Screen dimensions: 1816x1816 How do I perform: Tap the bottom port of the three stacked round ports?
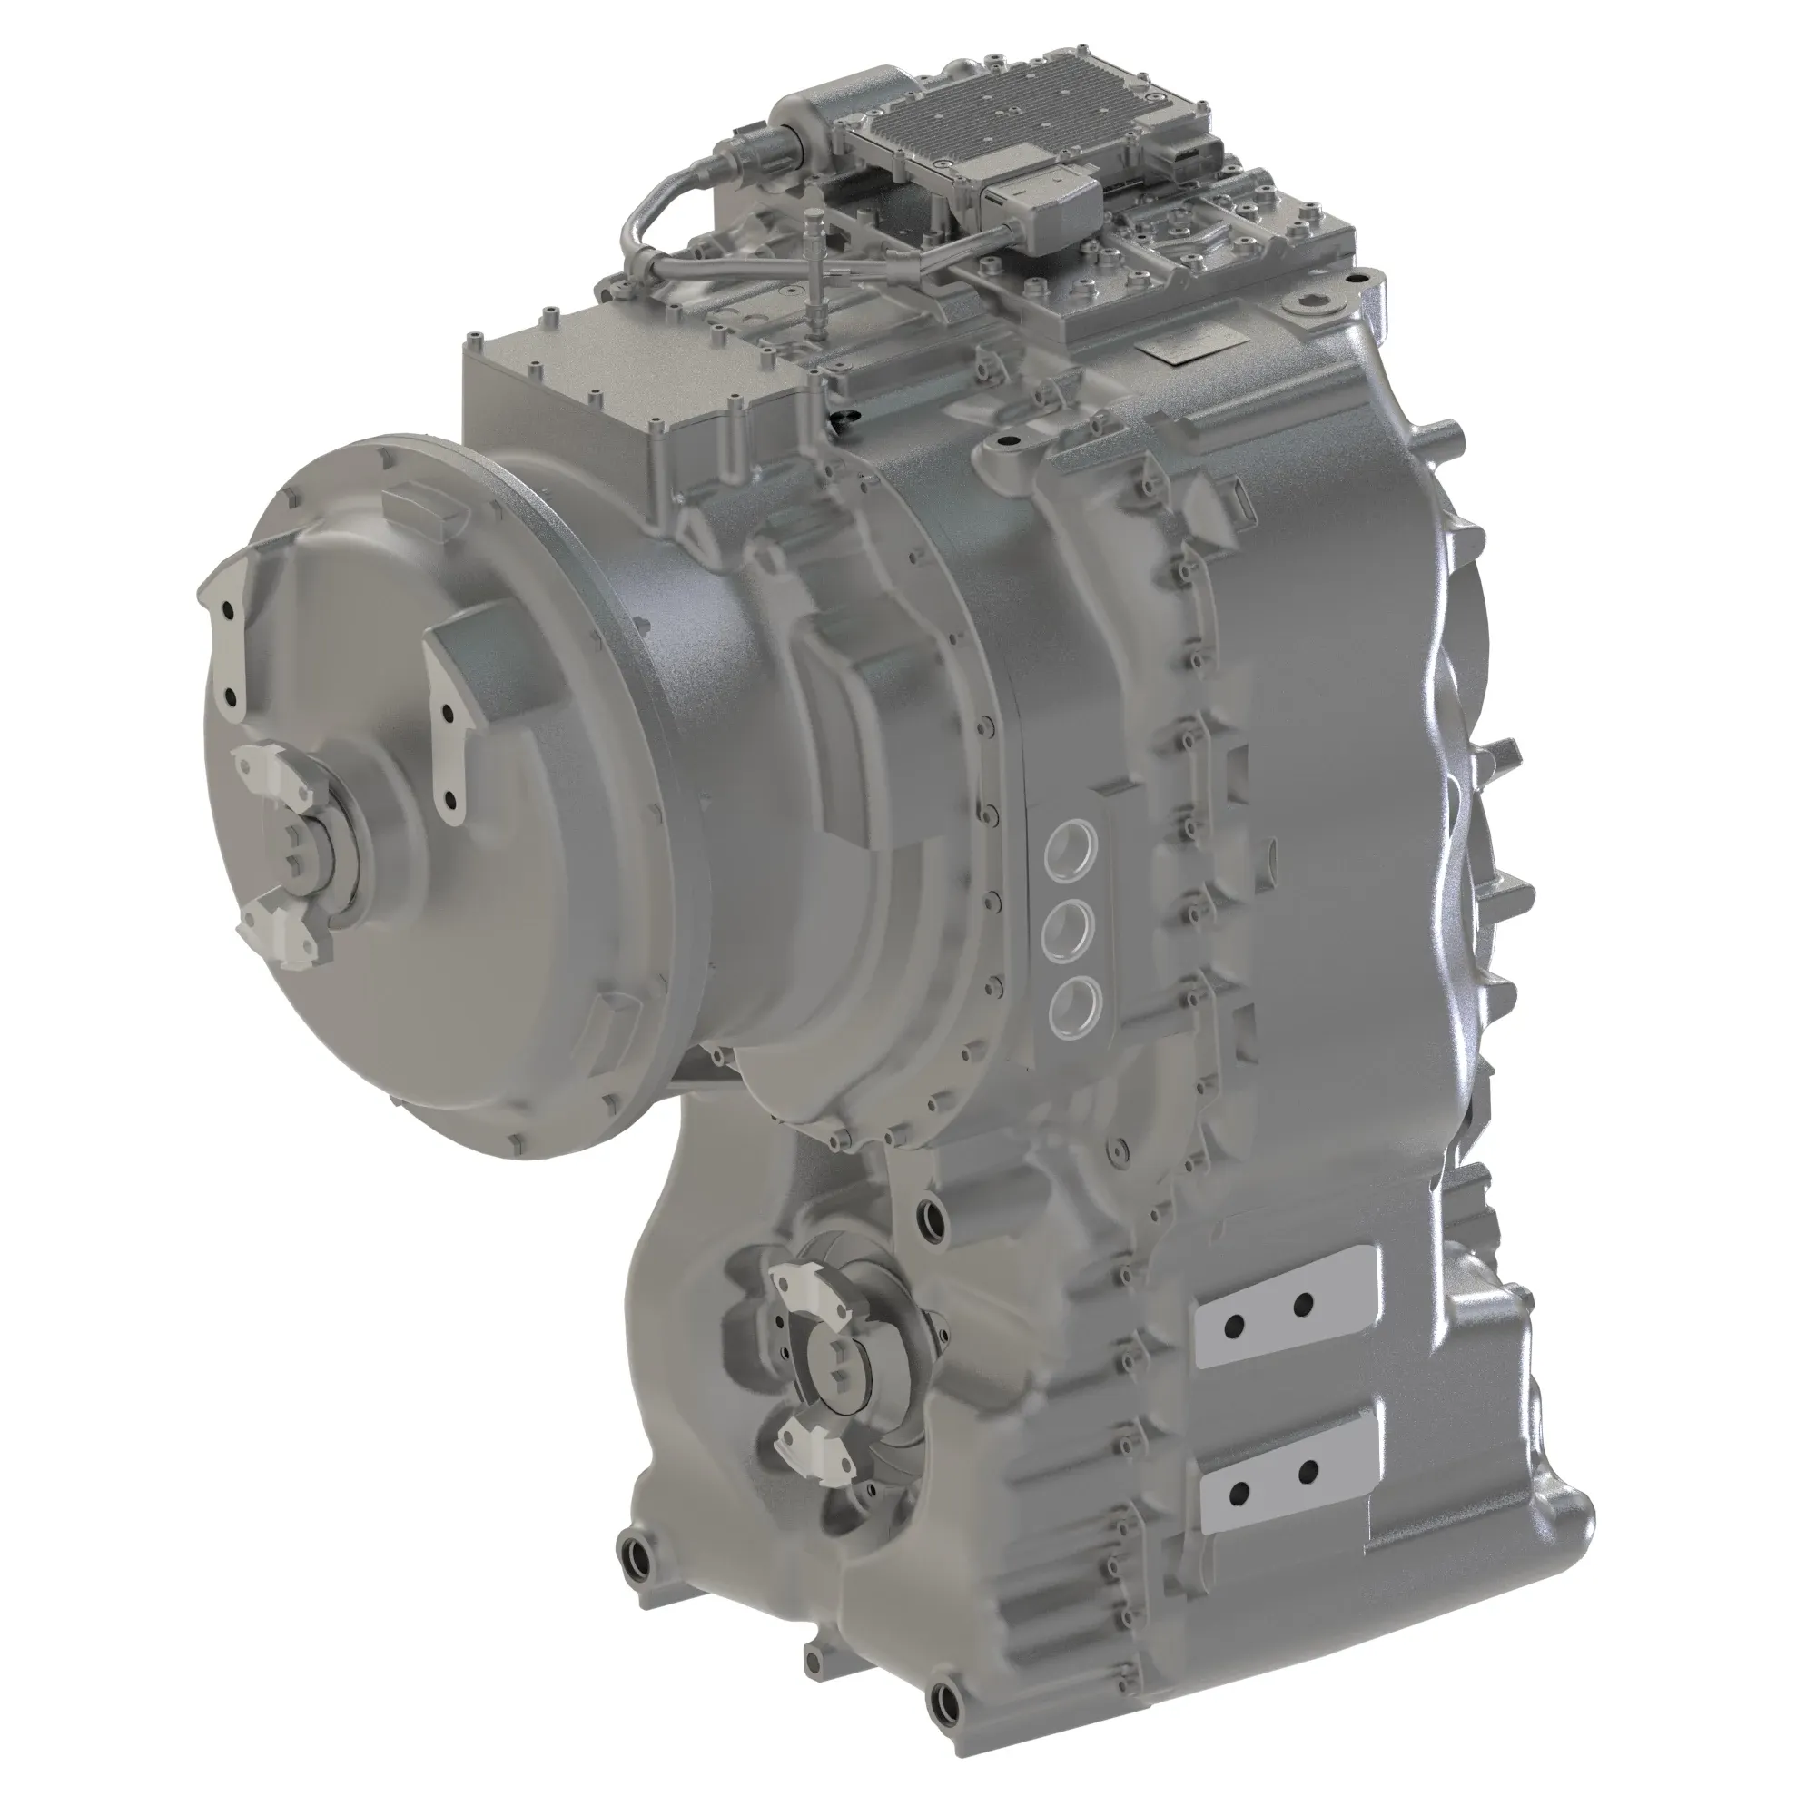click(x=1071, y=1008)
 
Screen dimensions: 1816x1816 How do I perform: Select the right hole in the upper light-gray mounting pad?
click(x=1303, y=1305)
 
